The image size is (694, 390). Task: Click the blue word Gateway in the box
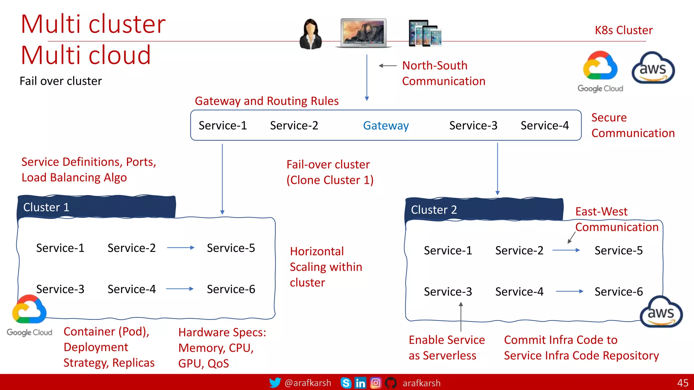[386, 126]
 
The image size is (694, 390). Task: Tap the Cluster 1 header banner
[97, 207]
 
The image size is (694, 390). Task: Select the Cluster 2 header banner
[484, 210]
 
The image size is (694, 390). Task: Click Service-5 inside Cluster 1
[231, 248]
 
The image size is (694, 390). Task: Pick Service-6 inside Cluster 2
[618, 291]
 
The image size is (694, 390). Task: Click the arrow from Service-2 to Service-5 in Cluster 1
[181, 248]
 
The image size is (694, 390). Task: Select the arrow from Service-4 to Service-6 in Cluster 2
[569, 291]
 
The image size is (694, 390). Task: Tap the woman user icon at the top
[310, 34]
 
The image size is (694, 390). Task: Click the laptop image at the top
[363, 33]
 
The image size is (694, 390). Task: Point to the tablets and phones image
[425, 33]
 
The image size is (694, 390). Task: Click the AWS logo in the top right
[653, 68]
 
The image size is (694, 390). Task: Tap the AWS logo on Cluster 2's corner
[661, 312]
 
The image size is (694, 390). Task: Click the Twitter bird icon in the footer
[275, 383]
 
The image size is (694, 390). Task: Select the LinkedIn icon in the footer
[360, 383]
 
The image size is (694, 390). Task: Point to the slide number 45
[682, 383]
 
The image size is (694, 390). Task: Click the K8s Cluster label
[624, 30]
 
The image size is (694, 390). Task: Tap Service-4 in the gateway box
[545, 126]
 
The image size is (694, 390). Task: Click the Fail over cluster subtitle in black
[61, 81]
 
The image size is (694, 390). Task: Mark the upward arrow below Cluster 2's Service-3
[461, 317]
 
